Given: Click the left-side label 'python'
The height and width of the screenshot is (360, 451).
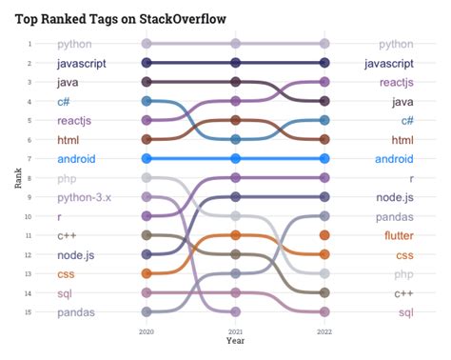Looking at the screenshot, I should (x=74, y=44).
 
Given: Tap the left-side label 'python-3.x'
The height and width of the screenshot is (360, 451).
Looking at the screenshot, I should (x=84, y=197).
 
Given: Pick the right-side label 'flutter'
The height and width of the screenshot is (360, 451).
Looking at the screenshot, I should (x=398, y=235).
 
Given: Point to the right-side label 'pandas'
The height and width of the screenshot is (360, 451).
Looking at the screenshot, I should (x=393, y=216).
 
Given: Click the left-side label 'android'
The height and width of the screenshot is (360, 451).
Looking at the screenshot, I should (x=76, y=159).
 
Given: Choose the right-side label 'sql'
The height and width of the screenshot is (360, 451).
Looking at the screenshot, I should (x=404, y=311).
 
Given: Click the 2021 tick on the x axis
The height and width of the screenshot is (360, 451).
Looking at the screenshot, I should (x=236, y=330).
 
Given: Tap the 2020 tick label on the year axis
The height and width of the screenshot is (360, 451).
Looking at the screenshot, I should (x=147, y=330).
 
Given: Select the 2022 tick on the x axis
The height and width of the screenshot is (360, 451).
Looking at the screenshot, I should (x=325, y=330).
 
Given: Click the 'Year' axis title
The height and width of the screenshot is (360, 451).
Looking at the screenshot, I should (x=236, y=340).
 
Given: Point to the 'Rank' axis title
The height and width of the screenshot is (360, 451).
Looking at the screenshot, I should (x=18, y=178).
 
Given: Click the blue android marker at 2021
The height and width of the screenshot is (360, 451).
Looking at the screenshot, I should (x=236, y=159).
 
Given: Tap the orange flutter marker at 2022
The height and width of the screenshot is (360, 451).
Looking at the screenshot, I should (x=325, y=235).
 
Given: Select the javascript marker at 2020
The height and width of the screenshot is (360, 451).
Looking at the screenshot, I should (x=147, y=63).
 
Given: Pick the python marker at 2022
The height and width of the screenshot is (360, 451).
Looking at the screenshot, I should (x=325, y=44).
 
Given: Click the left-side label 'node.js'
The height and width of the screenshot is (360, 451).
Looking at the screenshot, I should (x=77, y=254).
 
